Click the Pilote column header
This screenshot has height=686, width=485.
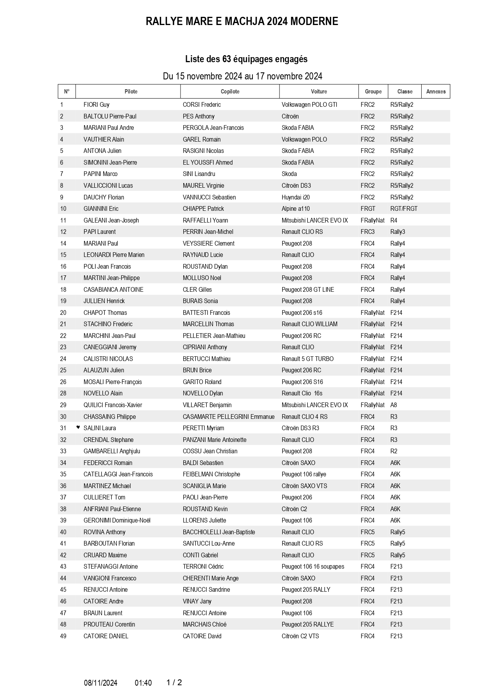point(131,92)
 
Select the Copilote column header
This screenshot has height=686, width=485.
point(230,92)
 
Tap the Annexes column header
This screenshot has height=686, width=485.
point(436,92)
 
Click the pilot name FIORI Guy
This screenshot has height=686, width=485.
point(96,105)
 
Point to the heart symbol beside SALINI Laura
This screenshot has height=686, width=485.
point(78,427)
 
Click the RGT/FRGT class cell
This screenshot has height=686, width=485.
point(404,209)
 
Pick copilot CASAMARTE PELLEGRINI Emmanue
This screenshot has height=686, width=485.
point(229,417)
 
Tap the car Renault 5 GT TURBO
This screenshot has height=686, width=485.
point(308,359)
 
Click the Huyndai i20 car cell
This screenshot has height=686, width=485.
point(295,198)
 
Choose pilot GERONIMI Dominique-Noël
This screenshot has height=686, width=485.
point(117,521)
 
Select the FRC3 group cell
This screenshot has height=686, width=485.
point(367,232)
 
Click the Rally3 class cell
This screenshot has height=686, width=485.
point(397,232)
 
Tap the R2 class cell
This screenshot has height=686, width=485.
point(394,451)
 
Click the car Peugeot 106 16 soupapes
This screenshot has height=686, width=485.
point(313,567)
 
